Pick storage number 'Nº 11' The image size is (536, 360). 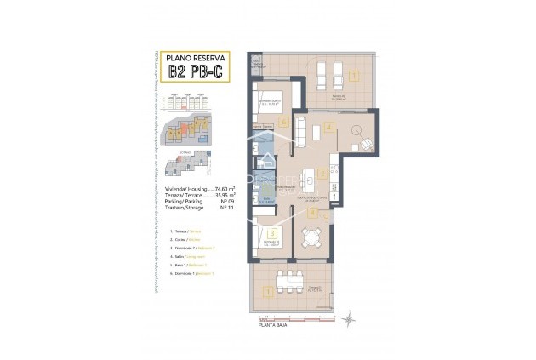click(226, 209)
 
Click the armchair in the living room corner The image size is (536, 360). click(365, 142)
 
